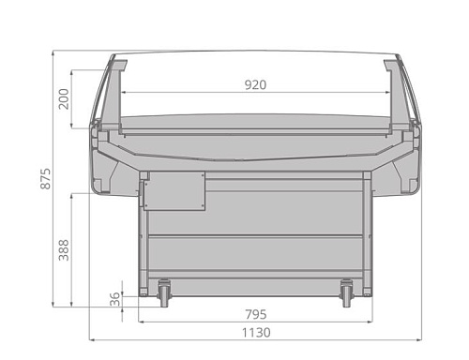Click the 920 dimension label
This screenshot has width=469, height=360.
point(255,84)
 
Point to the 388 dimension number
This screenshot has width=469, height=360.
point(64,249)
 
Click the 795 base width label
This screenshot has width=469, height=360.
point(255,313)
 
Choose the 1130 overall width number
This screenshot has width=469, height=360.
point(255,332)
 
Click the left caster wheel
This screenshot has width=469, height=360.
point(164,292)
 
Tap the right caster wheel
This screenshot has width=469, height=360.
point(347,292)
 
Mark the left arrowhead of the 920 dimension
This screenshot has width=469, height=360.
point(125,92)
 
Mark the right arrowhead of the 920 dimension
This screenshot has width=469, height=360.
point(387,92)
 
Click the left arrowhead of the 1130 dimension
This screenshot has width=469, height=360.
point(92,339)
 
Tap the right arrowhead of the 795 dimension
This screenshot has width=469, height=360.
point(369,321)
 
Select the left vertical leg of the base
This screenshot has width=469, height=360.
point(144,234)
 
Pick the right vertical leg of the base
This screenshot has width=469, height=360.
point(367,234)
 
